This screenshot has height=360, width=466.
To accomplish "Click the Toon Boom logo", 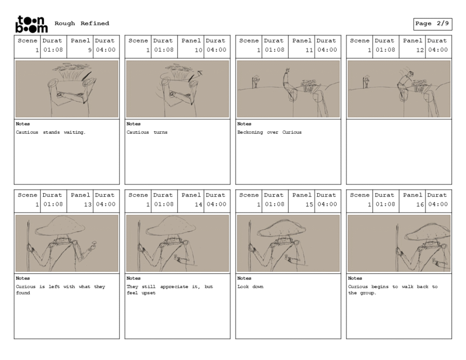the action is pyautogui.click(x=31, y=24).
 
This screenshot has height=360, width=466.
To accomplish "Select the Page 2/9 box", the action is pyautogui.click(x=432, y=24).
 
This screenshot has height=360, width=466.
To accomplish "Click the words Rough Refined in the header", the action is pyautogui.click(x=82, y=23).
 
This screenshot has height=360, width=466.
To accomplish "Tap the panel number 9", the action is pyautogui.click(x=90, y=50).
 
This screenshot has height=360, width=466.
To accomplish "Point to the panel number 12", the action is pyautogui.click(x=420, y=50).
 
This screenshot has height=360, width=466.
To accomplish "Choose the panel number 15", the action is pyautogui.click(x=309, y=204).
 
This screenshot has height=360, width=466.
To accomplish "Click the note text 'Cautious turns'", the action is pyautogui.click(x=147, y=132).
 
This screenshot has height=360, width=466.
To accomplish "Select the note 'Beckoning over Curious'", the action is pyautogui.click(x=269, y=132).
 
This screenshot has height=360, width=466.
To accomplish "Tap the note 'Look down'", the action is pyautogui.click(x=250, y=287).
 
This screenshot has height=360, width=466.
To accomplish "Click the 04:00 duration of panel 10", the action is pyautogui.click(x=216, y=50).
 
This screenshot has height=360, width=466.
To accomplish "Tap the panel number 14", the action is pyautogui.click(x=198, y=204).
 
